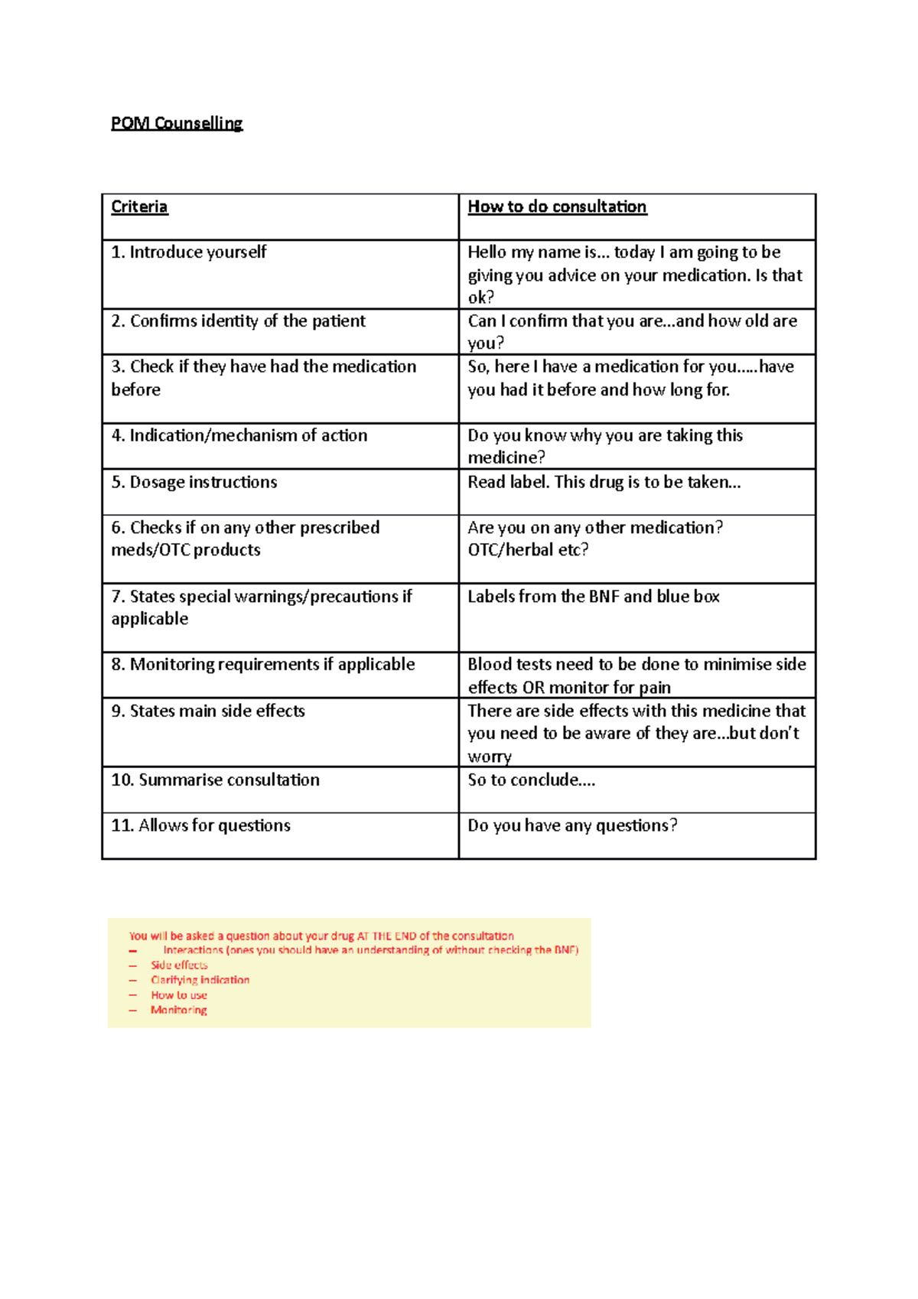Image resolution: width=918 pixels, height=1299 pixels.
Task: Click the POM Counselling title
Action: coord(177,123)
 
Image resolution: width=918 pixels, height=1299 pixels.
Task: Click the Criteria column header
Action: coord(139,207)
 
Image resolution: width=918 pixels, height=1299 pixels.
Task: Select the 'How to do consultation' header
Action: coord(557,207)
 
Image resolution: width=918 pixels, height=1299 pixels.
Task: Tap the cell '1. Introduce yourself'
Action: coord(189,252)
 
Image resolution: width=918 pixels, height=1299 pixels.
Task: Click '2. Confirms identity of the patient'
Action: coord(238,321)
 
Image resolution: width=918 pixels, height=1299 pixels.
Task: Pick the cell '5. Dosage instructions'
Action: coord(194,482)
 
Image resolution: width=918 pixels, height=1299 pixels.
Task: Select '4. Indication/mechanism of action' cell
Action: coord(239,435)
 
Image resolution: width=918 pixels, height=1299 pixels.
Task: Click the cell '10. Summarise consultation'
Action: coord(215,780)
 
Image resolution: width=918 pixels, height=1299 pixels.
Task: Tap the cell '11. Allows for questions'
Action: coord(200,825)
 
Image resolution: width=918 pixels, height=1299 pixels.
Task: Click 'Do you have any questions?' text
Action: coord(572,825)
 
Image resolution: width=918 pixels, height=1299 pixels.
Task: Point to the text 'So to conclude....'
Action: coord(531,780)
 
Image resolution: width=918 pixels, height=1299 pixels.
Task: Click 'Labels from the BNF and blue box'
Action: coord(593,596)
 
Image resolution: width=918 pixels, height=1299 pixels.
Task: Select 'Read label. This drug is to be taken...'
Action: coord(604,482)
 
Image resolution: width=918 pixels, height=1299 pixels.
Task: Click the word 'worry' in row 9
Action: coord(490,757)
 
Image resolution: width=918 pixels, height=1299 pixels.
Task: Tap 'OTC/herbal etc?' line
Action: coord(528,550)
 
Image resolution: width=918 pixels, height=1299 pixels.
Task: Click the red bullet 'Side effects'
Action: coord(179,965)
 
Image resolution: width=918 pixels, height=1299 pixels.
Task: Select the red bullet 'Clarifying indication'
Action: coord(200,980)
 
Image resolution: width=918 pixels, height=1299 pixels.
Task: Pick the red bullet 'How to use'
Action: coord(179,995)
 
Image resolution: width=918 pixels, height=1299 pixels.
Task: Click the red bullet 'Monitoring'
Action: coord(178,1010)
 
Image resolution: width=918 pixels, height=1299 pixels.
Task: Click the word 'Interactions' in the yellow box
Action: coord(193,950)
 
